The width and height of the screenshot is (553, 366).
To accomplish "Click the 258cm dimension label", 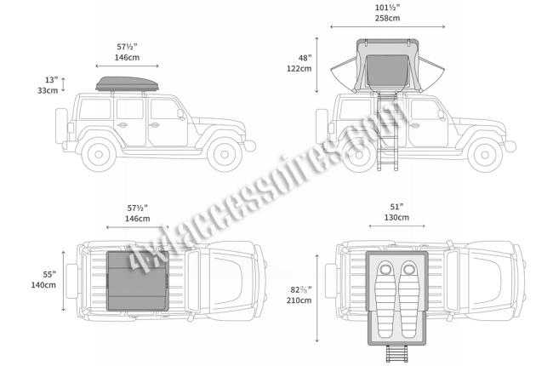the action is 387,18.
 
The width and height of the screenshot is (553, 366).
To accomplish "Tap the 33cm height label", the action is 48,90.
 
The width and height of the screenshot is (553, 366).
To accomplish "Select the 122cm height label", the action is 299,68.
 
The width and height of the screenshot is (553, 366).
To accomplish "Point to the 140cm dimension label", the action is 43,285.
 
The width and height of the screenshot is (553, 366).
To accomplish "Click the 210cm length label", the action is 299,300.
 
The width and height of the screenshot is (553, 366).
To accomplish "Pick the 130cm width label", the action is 396,217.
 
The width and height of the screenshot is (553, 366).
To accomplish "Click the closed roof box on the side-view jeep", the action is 127,84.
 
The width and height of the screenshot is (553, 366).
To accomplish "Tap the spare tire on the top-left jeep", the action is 61,126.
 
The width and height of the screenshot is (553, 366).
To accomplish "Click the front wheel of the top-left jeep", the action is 225,154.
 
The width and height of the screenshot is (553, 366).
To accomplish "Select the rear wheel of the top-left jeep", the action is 99,154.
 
